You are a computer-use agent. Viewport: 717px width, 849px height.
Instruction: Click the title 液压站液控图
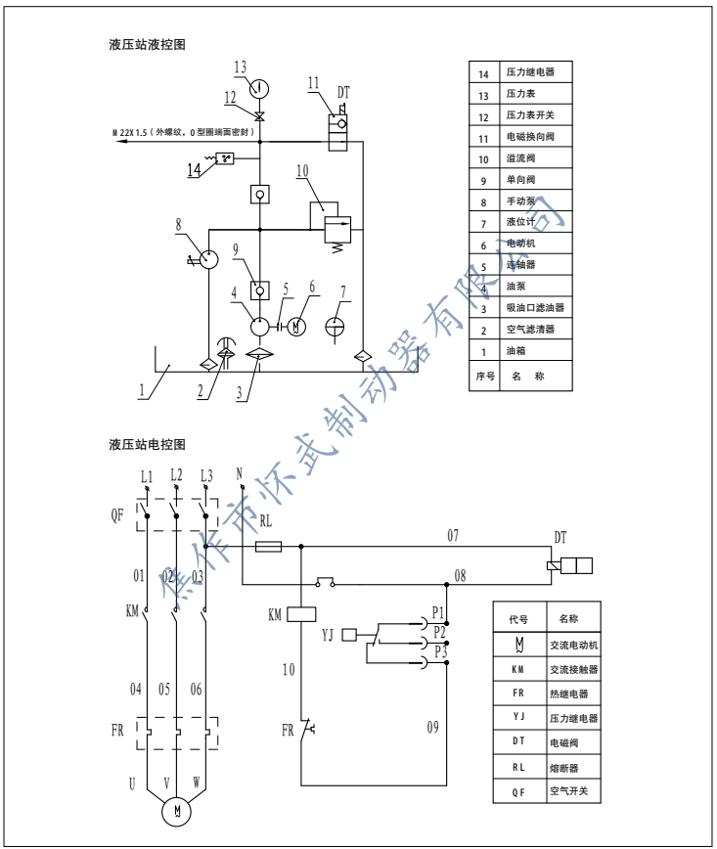147,45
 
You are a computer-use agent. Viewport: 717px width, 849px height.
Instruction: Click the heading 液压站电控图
147,444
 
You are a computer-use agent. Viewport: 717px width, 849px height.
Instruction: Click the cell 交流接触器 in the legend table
574,670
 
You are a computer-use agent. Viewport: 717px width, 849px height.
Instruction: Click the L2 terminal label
176,475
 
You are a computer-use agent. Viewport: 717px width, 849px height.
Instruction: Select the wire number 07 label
453,536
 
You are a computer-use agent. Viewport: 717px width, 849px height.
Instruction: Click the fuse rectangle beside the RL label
268,547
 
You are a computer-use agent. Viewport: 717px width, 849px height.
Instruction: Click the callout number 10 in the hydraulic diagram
303,170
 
